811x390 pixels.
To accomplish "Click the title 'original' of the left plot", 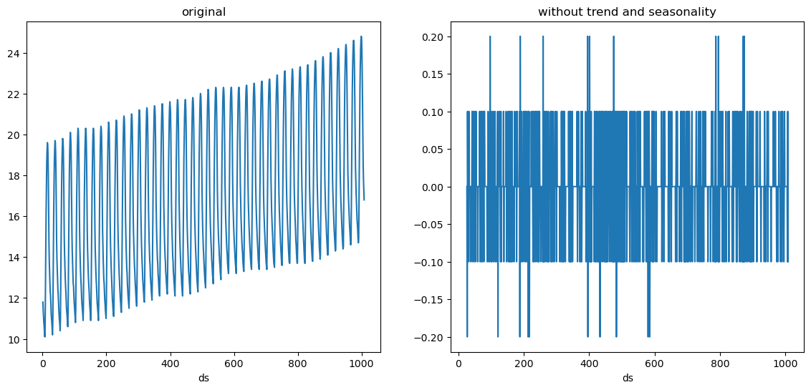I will tap(204, 12).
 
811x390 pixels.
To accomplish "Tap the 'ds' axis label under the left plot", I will tap(204, 378).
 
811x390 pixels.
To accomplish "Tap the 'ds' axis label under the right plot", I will tap(628, 378).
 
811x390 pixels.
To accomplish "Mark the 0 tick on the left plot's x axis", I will tap(42, 364).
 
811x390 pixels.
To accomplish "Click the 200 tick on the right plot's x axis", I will tap(524, 364).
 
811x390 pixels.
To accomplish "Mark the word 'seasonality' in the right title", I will tap(686, 12).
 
